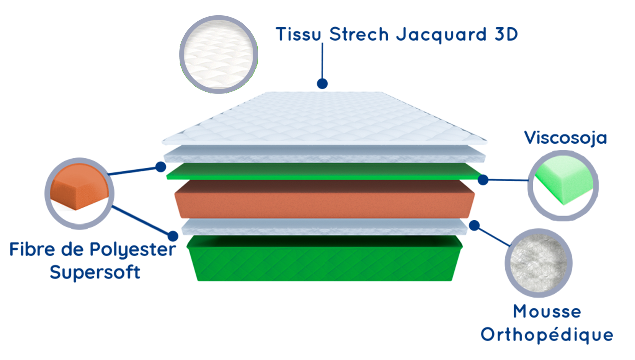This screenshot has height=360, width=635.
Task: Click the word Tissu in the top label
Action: (298, 34)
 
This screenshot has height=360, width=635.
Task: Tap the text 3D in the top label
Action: (503, 34)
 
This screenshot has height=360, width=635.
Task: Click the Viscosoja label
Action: (565, 138)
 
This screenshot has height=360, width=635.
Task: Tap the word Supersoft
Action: (95, 273)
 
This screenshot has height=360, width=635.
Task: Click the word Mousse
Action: (547, 312)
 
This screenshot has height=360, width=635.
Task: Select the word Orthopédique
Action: (547, 334)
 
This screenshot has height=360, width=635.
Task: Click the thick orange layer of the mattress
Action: (325, 200)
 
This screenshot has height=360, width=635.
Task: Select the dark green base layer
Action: (325, 260)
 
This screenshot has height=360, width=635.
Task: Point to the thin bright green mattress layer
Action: (325, 172)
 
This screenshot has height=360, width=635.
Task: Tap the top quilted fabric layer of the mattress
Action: (325, 120)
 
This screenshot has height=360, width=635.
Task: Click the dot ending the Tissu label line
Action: (322, 83)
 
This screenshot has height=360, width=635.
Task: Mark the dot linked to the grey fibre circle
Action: (475, 225)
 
